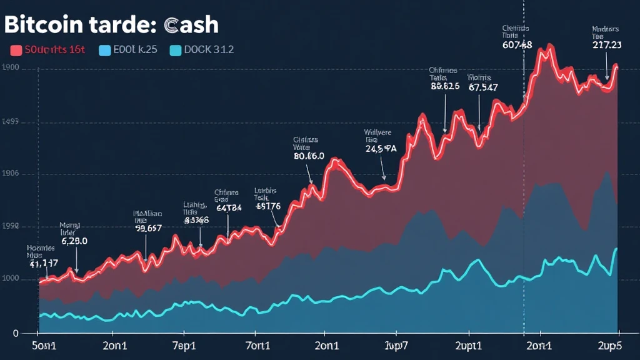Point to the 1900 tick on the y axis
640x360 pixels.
click(x=12, y=68)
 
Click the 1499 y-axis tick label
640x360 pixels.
click(x=12, y=122)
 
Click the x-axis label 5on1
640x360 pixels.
click(x=43, y=344)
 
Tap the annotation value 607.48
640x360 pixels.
click(x=517, y=45)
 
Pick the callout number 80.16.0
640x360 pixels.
click(x=309, y=157)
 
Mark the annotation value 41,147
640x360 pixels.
click(x=44, y=264)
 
